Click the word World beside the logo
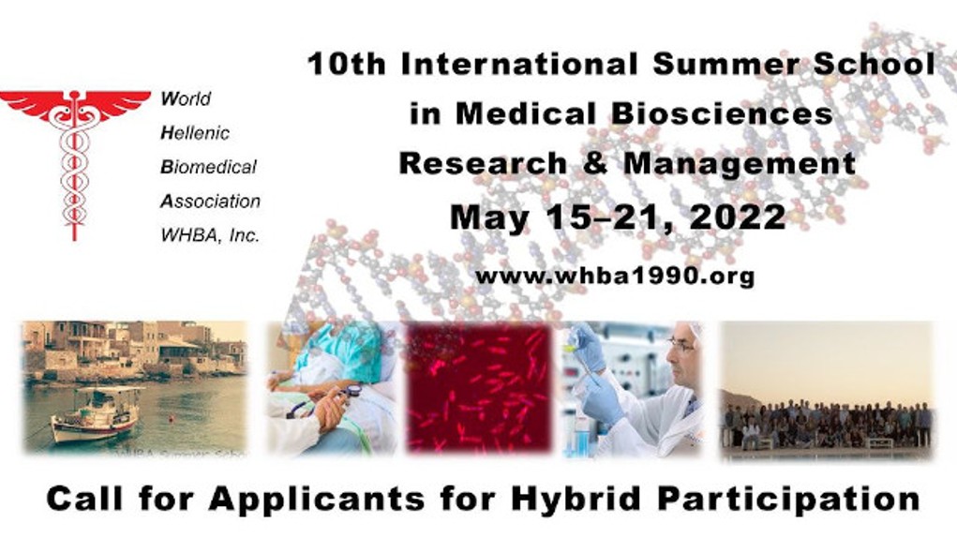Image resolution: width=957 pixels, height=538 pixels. coord(186,98)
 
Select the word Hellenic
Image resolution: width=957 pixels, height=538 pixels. coord(195,133)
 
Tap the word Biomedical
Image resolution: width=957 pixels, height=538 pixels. coord(208,167)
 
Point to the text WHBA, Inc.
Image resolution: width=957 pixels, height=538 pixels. coord(210,235)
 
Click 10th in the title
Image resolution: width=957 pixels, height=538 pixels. coord(347,64)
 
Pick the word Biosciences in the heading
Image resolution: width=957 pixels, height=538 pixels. coord(722,114)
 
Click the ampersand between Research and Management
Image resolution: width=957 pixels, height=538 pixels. coord(595,163)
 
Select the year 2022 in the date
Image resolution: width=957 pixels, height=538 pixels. coord(738,217)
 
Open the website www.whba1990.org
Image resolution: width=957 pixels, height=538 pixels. coord(615,276)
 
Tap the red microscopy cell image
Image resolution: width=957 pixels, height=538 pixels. coord(479,389)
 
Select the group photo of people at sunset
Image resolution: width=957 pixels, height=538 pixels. coord(827,391)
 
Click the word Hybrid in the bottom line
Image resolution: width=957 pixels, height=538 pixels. coord(576,500)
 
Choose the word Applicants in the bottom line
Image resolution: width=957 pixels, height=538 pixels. coord(316,500)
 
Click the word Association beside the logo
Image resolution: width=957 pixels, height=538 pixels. coord(211,202)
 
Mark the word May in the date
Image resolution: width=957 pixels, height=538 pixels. coord(489,218)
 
